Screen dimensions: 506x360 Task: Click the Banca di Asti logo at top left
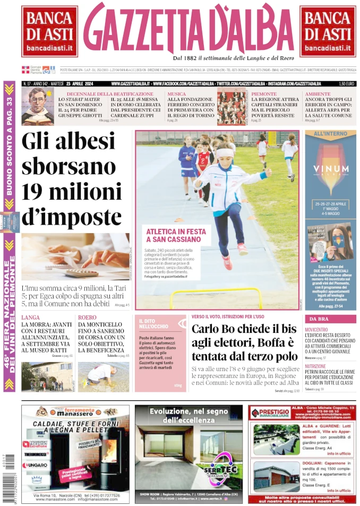[x=49, y=31]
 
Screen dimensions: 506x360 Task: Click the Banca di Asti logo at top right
[x=328, y=31]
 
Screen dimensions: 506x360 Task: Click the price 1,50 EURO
[x=346, y=84]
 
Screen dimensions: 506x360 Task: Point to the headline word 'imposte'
[x=72, y=218]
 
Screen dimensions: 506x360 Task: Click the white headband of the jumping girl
[x=225, y=152]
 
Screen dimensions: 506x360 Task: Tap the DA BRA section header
[x=319, y=319]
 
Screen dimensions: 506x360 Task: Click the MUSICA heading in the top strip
[x=177, y=94]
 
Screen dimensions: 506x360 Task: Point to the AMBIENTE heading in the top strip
[x=318, y=94]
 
